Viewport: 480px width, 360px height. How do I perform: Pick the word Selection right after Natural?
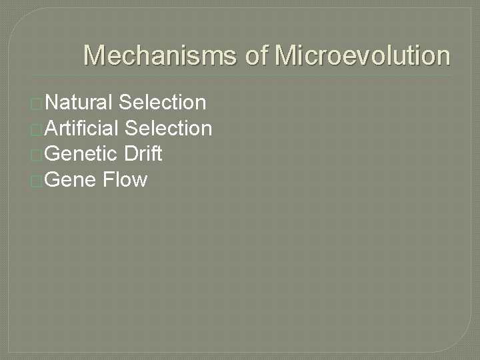[x=162, y=103]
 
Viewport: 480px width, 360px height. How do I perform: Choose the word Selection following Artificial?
[x=169, y=128]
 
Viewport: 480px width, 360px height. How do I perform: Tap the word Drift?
[x=143, y=154]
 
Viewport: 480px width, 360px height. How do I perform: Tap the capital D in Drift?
[x=129, y=154]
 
